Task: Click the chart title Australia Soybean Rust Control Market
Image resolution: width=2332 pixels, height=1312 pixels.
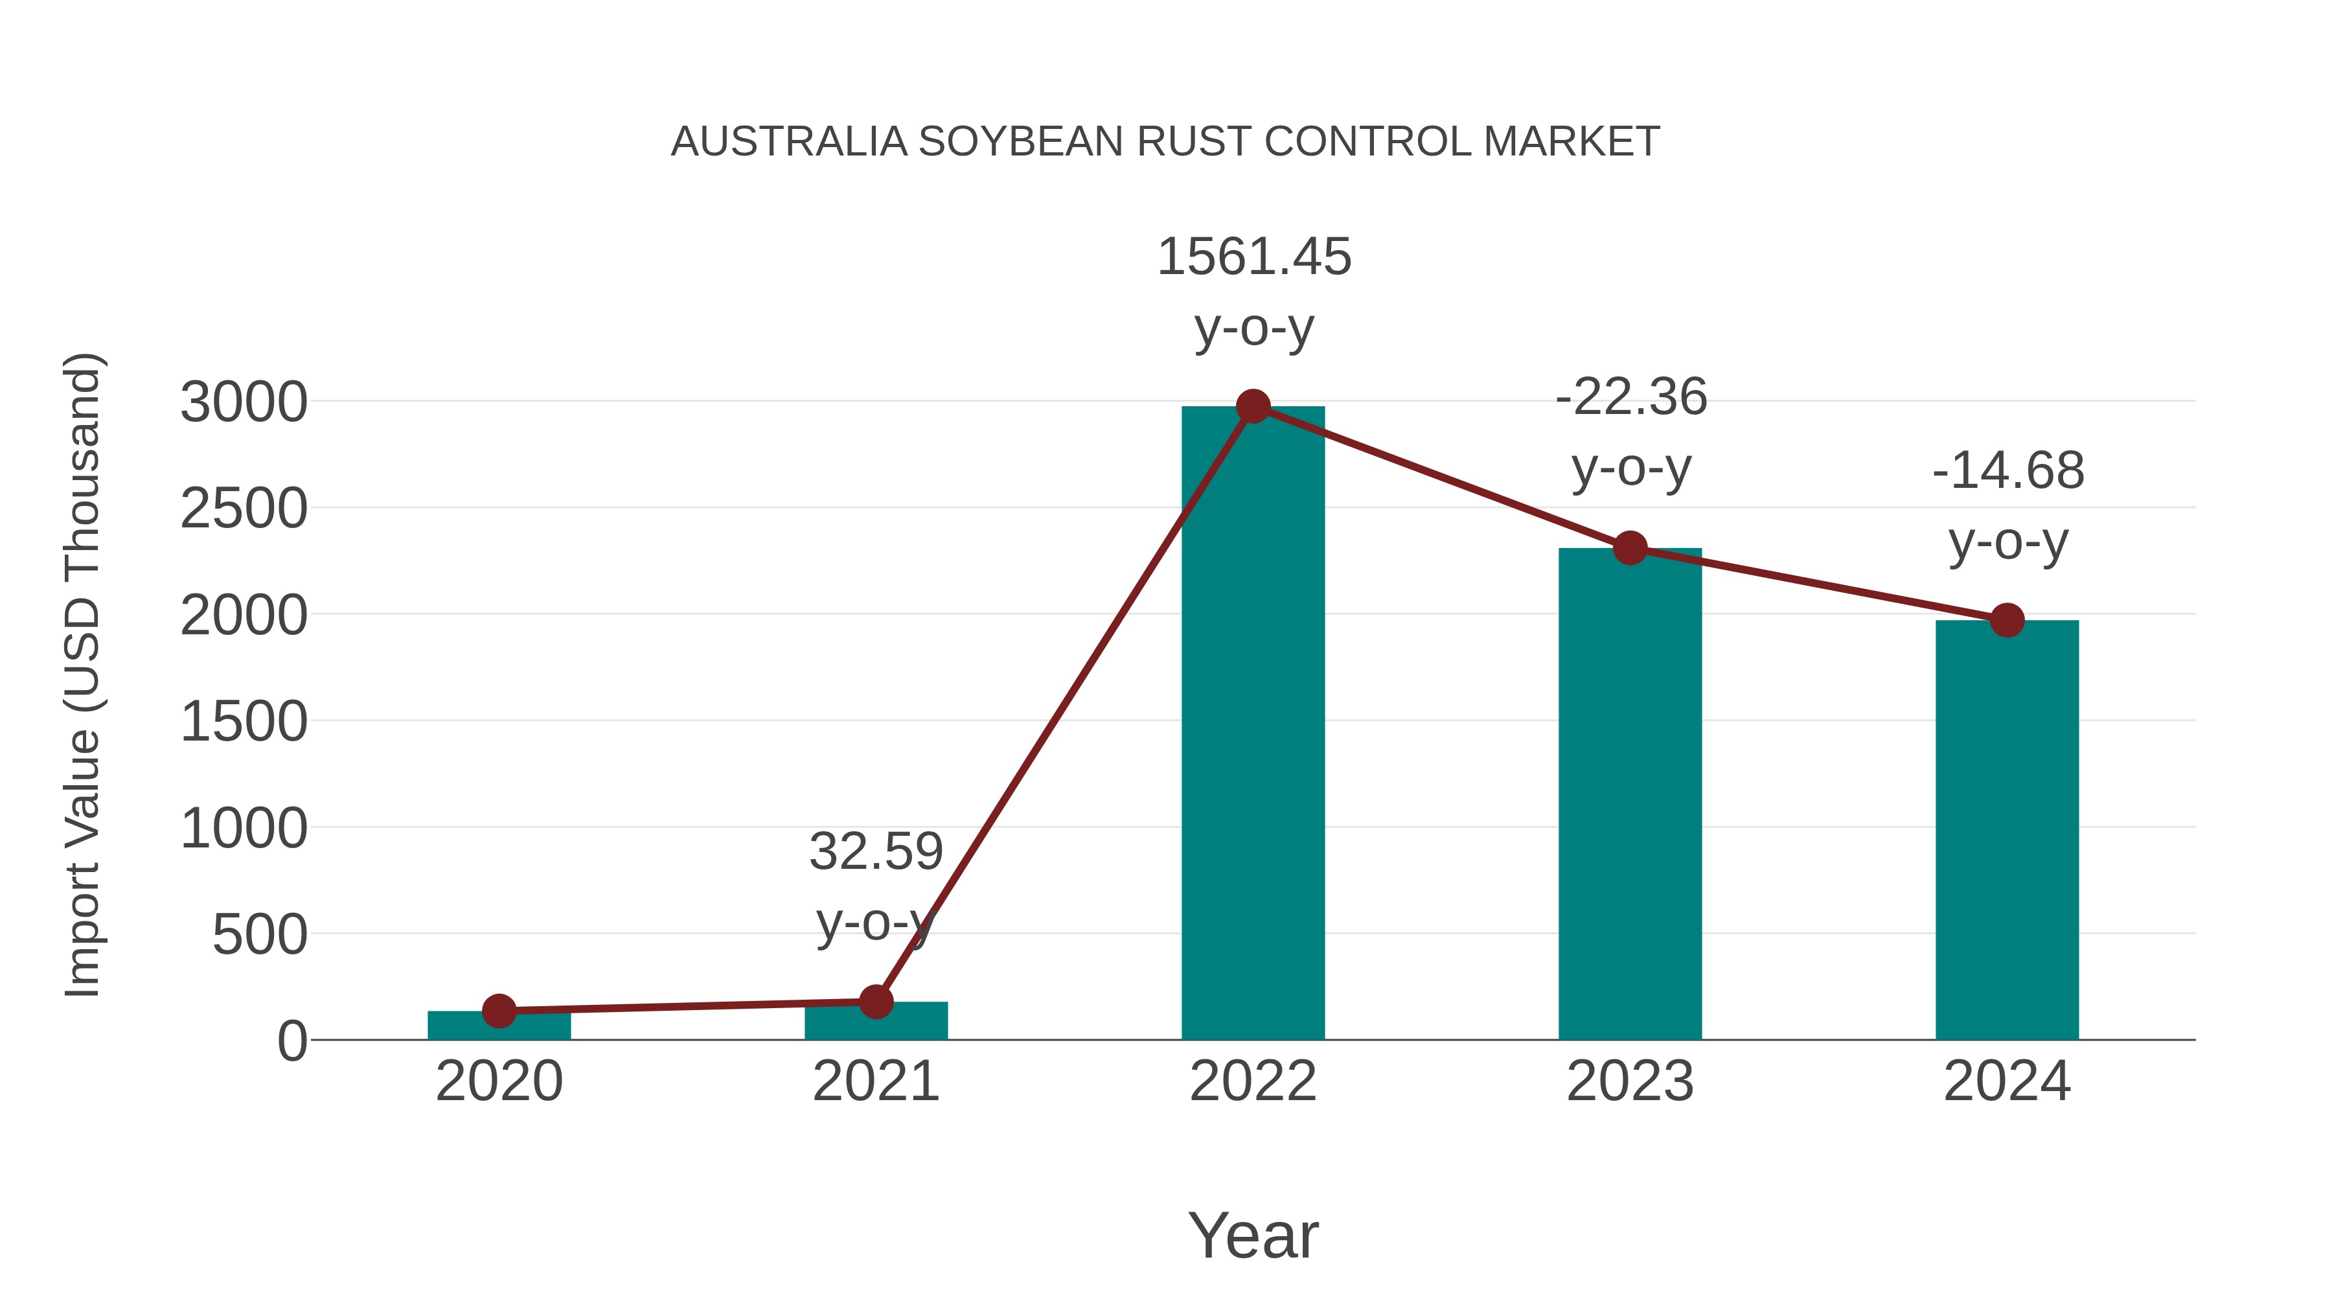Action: [x=1165, y=142]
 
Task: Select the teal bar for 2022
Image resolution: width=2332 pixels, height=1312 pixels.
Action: [x=1253, y=724]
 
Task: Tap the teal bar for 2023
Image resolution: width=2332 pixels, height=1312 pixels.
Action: [x=1630, y=797]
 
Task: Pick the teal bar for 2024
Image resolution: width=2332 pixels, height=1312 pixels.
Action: [x=2007, y=833]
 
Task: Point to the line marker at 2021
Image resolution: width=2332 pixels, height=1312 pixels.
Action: [x=875, y=1002]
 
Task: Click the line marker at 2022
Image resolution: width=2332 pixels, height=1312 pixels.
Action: [x=1253, y=406]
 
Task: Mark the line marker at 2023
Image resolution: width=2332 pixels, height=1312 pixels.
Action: [x=1630, y=547]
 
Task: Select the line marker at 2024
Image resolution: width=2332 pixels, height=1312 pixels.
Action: [x=2007, y=620]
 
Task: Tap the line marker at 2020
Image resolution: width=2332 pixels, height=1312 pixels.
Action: [x=499, y=1011]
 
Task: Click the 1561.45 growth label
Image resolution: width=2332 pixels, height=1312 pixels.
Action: [x=1254, y=257]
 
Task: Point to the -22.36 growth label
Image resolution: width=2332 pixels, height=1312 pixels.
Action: [x=1631, y=398]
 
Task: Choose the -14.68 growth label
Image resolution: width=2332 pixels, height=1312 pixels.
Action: [x=2008, y=471]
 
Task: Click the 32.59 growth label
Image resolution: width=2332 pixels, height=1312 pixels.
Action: [x=875, y=852]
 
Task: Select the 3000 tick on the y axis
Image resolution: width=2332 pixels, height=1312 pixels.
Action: [x=244, y=403]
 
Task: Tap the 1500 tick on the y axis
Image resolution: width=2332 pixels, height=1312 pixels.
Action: [x=244, y=722]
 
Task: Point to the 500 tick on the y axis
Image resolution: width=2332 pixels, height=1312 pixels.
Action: [x=259, y=936]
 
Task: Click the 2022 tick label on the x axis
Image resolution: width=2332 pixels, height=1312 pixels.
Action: [x=1253, y=1081]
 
